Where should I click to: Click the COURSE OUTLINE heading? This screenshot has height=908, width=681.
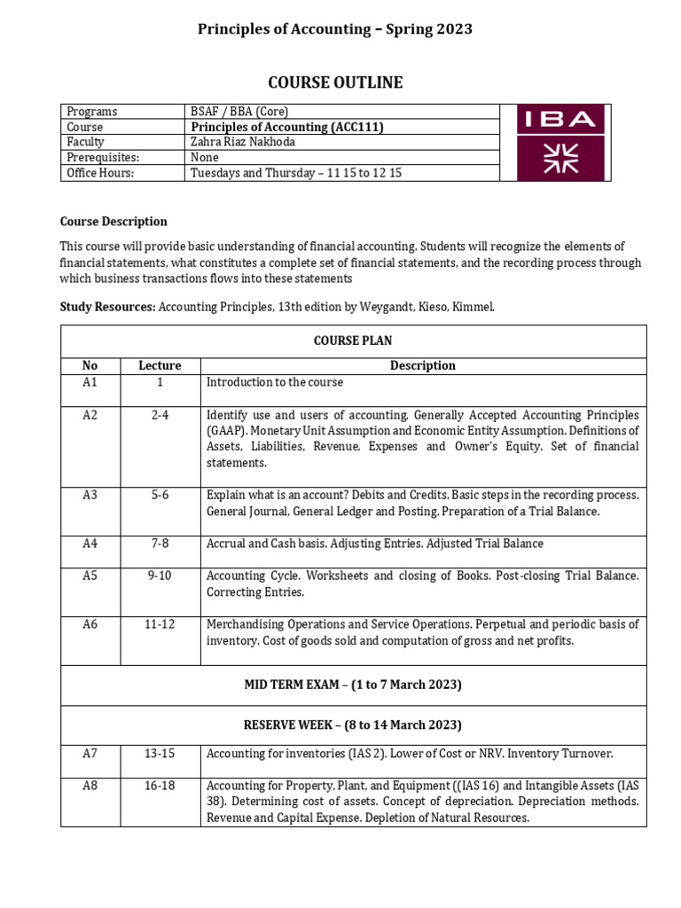pos(340,82)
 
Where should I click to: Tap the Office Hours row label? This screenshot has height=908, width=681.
pos(100,173)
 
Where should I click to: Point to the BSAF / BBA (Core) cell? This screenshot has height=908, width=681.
pos(239,112)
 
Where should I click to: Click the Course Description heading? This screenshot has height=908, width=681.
pos(113,222)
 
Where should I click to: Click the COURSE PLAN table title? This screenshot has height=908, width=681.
pos(353,340)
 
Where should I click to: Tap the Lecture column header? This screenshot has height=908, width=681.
pos(160,365)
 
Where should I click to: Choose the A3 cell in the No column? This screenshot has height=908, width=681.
pos(90,495)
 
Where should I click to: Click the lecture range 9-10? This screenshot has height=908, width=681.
pos(160,575)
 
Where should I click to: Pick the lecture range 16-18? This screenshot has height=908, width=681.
pos(160,786)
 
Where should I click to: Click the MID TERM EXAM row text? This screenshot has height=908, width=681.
pos(353,685)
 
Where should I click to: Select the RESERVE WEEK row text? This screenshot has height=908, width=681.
pos(353,724)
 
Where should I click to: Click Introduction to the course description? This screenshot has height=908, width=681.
pos(275,382)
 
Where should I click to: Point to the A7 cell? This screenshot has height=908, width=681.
pos(90,754)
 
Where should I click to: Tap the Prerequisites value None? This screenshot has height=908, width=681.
pos(206,158)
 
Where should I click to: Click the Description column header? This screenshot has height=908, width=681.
pos(423,365)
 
